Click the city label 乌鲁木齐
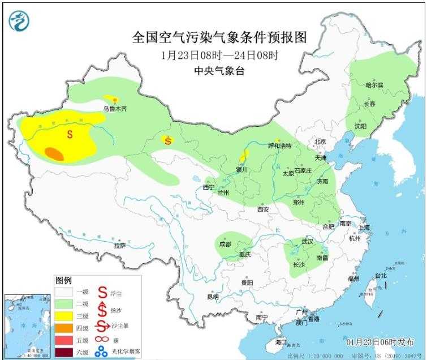point(115,108)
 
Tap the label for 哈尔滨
point(374,85)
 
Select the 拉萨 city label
point(119,246)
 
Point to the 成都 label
point(225,244)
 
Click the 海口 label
point(281,342)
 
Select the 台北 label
point(381,276)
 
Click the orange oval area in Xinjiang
point(54,152)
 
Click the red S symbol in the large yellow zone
point(70,134)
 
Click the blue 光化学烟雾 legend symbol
point(101,352)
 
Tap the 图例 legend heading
point(64,280)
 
